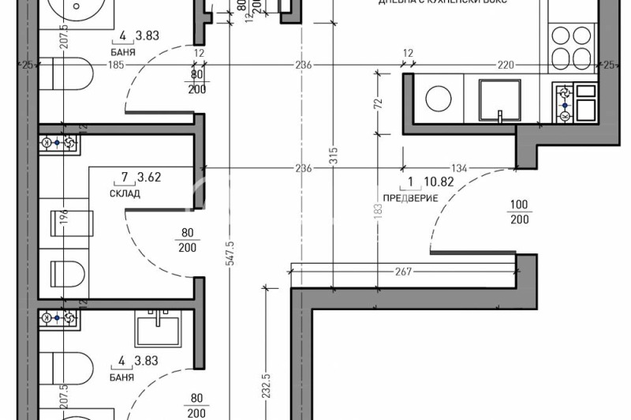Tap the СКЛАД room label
coord(125,193)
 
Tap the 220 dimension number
coord(505,65)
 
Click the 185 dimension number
coord(116,65)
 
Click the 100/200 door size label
coord(519,212)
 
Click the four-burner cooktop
coord(571,45)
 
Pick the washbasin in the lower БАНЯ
coord(164,327)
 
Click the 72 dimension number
coord(378,102)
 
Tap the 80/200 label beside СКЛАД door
coord(188,239)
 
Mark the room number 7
coord(124,178)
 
